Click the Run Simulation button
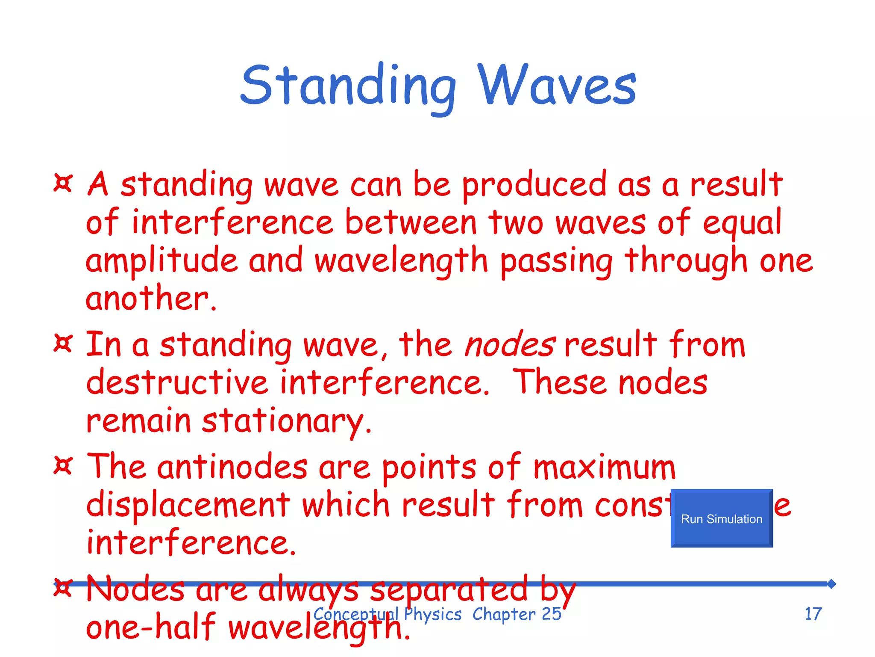[x=721, y=518]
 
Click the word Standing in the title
[x=348, y=86]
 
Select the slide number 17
[x=813, y=614]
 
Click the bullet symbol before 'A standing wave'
[x=63, y=183]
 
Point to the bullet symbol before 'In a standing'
[x=63, y=343]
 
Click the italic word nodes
[x=509, y=345]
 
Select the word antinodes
[x=232, y=467]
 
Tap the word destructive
[x=177, y=382]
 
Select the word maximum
[x=604, y=467]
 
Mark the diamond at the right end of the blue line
[x=831, y=584]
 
